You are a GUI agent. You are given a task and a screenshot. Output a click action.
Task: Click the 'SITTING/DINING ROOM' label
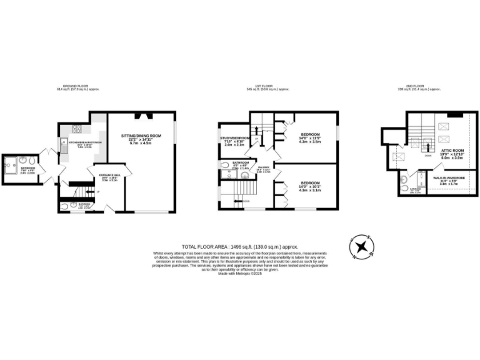coord(141,135)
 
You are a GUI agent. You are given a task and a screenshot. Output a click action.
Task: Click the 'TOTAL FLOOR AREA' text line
coord(240,247)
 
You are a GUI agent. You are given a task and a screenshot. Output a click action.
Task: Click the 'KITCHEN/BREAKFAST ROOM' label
coord(89,142)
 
